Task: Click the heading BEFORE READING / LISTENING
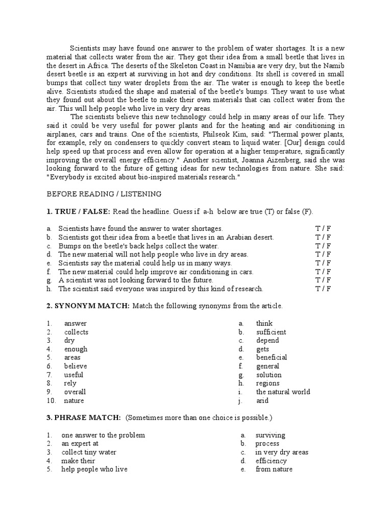[x=104, y=194]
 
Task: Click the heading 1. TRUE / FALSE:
[x=78, y=211]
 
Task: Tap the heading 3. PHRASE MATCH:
[x=84, y=418]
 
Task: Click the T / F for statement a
[x=323, y=228]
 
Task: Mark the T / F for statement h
[x=323, y=289]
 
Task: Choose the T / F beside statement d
[x=323, y=254]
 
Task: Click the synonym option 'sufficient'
[x=271, y=332]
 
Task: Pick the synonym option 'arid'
[x=262, y=401]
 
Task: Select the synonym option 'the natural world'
[x=283, y=392]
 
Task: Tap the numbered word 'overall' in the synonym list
[x=75, y=392]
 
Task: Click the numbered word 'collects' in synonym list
[x=76, y=332]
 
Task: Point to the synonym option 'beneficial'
[x=272, y=358]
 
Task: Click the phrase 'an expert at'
[x=80, y=444]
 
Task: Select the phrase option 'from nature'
[x=274, y=469]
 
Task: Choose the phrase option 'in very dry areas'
[x=282, y=453]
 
